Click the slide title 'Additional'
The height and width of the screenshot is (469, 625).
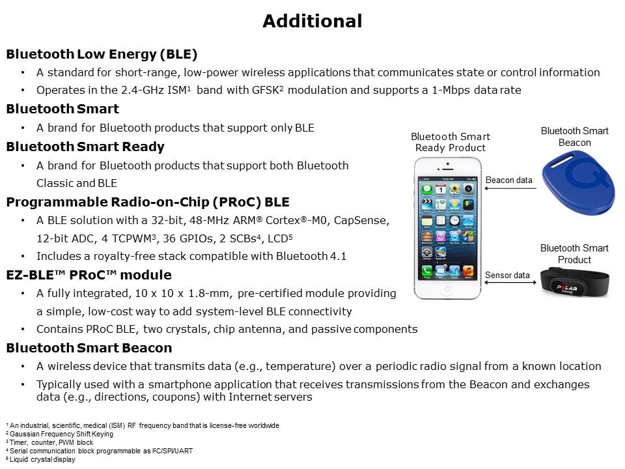pos(312,21)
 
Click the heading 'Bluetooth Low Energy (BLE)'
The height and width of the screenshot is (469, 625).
pos(102,54)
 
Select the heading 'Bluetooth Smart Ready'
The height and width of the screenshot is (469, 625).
pos(85,147)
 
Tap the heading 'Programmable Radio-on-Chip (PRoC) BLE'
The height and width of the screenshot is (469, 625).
pos(148,202)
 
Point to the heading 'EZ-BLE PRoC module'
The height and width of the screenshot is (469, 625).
pos(89,275)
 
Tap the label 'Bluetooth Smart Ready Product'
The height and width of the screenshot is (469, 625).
pos(451,142)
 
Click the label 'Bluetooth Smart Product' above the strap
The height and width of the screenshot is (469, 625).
pos(574,253)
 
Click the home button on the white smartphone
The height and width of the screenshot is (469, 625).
pos(449,289)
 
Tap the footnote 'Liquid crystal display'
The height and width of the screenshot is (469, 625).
pos(42,459)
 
